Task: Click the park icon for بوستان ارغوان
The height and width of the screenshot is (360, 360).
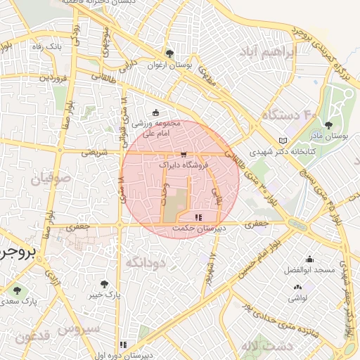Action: [169, 53]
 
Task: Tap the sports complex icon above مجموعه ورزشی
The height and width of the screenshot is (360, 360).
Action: [156, 112]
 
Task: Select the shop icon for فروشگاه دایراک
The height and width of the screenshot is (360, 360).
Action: [184, 154]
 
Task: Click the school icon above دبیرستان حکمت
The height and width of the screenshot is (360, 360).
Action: [198, 217]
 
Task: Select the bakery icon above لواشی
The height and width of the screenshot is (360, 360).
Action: [297, 287]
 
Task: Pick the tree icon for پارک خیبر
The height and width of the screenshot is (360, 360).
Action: [104, 284]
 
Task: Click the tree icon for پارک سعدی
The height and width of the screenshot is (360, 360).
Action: [16, 289]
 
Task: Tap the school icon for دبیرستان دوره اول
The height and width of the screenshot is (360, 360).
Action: [124, 345]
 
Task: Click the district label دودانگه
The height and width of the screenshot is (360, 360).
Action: [146, 262]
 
